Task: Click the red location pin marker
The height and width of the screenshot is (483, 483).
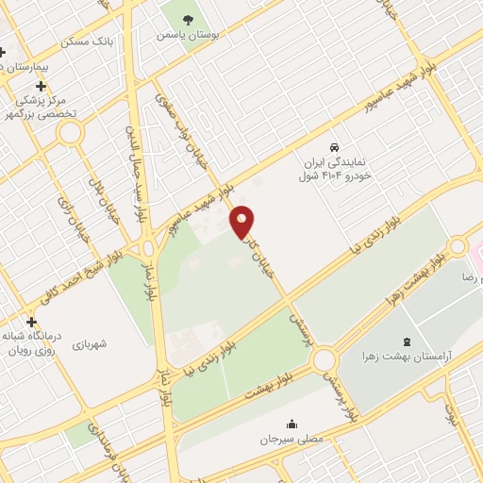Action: tap(242, 221)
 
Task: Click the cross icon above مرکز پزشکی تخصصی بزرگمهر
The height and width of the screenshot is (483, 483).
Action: tap(41, 86)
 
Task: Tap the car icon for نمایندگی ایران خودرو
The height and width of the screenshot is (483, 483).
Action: tap(334, 147)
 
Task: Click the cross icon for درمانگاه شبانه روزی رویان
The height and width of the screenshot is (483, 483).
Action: tap(31, 322)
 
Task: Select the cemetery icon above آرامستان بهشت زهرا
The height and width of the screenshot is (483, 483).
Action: tap(407, 341)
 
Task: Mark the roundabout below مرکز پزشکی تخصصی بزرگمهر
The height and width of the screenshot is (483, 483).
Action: tap(70, 134)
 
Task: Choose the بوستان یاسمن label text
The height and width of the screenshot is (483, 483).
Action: tap(189, 34)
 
